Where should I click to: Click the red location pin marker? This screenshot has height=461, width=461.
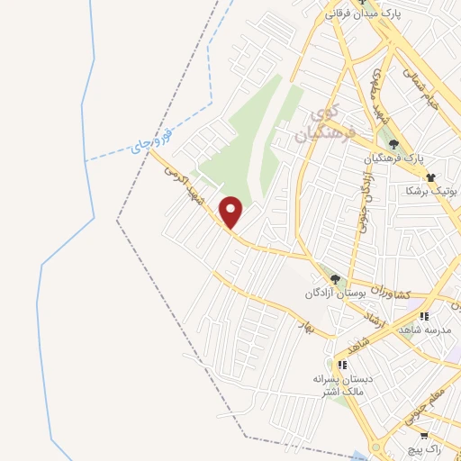[232, 212]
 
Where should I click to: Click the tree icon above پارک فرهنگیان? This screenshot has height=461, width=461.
[392, 143]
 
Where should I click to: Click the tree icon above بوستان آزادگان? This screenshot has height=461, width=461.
[335, 280]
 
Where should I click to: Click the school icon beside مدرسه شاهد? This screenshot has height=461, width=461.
[424, 316]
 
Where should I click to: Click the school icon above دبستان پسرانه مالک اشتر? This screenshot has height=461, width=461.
[341, 365]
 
